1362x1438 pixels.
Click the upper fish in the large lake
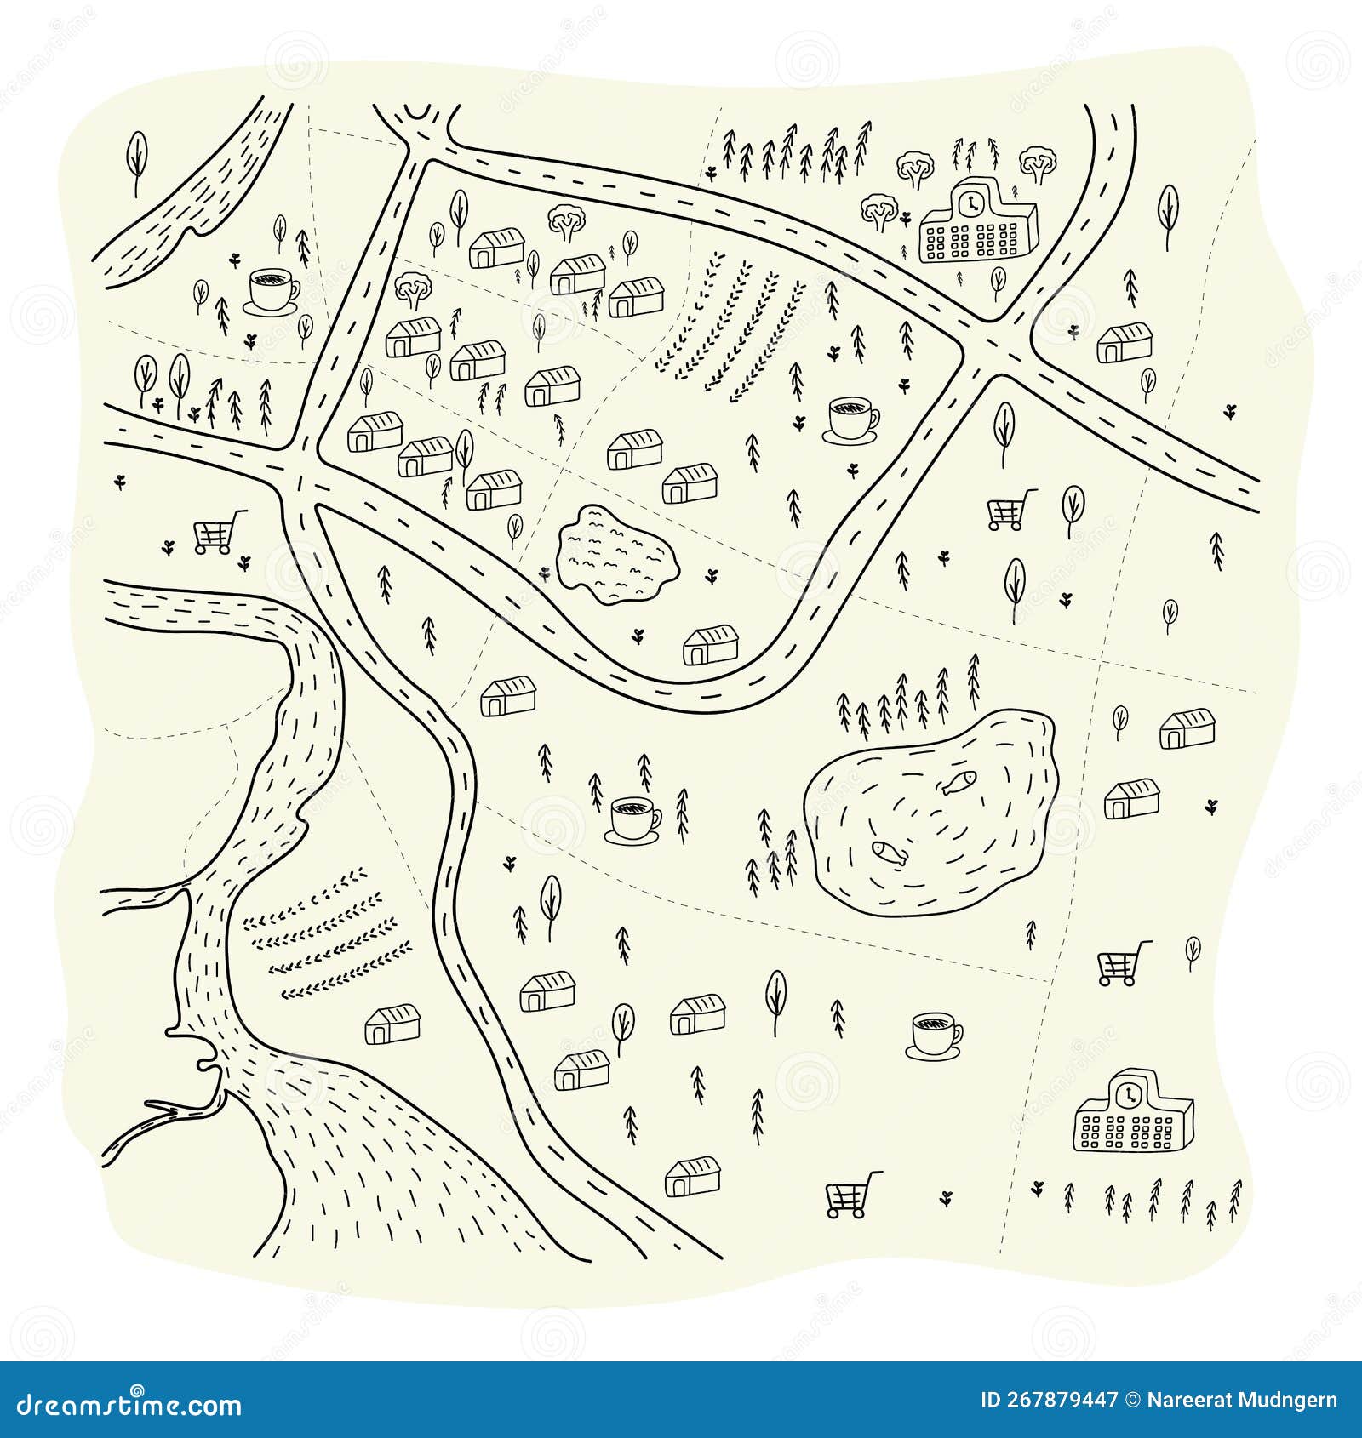(959, 781)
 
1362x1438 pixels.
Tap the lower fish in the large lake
(887, 851)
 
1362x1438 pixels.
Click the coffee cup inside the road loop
(852, 419)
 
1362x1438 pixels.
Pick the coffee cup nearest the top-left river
(272, 290)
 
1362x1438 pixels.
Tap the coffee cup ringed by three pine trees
(634, 819)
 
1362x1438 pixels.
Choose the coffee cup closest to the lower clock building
(936, 1035)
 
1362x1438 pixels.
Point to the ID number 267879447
(1049, 1401)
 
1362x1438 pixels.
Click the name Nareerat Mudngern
(1243, 1401)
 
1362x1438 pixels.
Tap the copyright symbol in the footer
(1133, 1401)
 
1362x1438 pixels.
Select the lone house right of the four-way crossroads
(1125, 342)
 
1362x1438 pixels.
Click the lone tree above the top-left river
(136, 160)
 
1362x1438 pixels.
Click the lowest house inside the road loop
(711, 645)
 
